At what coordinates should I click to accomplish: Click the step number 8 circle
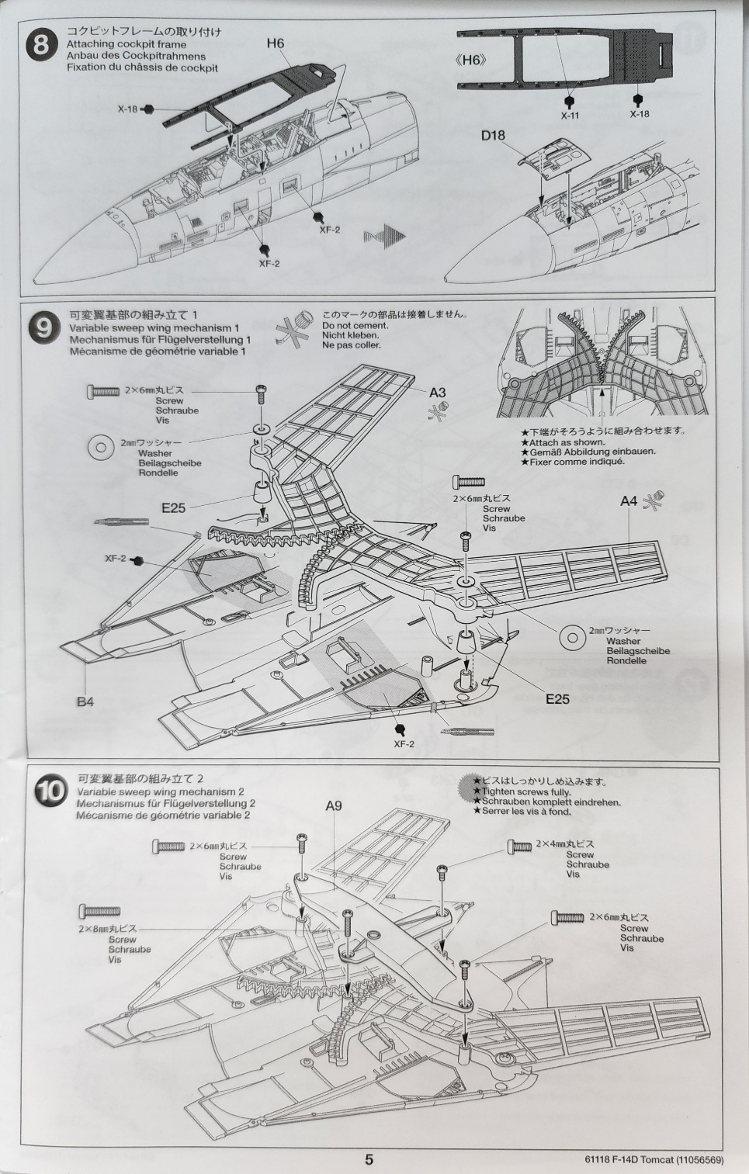point(41,46)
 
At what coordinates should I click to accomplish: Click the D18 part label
point(493,135)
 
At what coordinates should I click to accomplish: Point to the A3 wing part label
point(437,392)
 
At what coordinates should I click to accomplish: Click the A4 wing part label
point(629,501)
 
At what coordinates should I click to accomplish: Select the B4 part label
point(85,701)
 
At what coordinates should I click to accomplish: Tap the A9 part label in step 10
point(334,805)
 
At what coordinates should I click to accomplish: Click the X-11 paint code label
point(570,116)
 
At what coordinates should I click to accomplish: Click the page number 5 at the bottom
point(369,1158)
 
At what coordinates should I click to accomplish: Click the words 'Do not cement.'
point(348,325)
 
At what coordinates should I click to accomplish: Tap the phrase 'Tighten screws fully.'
point(522,792)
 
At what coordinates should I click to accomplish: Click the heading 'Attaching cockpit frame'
point(127,44)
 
